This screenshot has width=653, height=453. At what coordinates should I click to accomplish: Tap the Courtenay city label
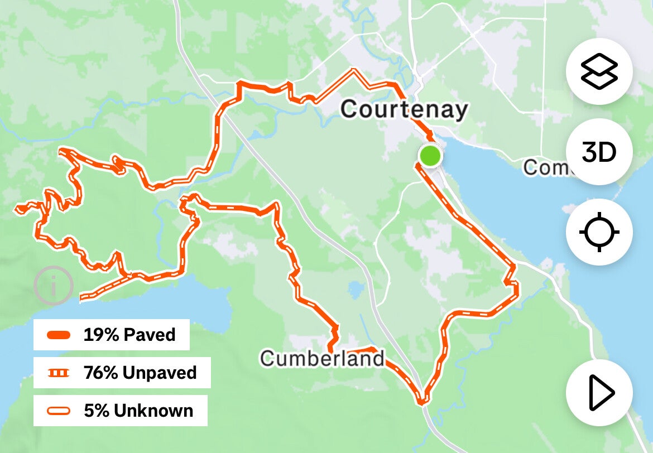[x=404, y=110]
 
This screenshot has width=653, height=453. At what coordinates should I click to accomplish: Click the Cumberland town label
[x=322, y=358]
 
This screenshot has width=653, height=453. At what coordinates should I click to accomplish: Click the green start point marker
[x=430, y=155]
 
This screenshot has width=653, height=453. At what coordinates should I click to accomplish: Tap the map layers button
[x=599, y=71]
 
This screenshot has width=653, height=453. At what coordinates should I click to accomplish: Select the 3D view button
[x=599, y=152]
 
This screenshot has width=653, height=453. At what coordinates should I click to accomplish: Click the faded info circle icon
[x=53, y=286]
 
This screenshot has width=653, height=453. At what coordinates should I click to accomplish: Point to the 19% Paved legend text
[x=129, y=335]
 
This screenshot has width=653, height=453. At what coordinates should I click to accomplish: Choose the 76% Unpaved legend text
[x=140, y=372]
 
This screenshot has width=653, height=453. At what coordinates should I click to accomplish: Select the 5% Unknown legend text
[x=138, y=411]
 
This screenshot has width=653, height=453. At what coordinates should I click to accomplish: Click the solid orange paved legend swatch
[x=59, y=335]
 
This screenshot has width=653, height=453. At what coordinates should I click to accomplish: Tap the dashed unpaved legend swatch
[x=59, y=373]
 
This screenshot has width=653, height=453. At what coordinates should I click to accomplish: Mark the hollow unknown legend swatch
[x=59, y=411]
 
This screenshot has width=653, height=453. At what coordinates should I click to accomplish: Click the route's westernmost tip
[x=18, y=209]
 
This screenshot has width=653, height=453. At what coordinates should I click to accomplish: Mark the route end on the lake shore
[x=82, y=298]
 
